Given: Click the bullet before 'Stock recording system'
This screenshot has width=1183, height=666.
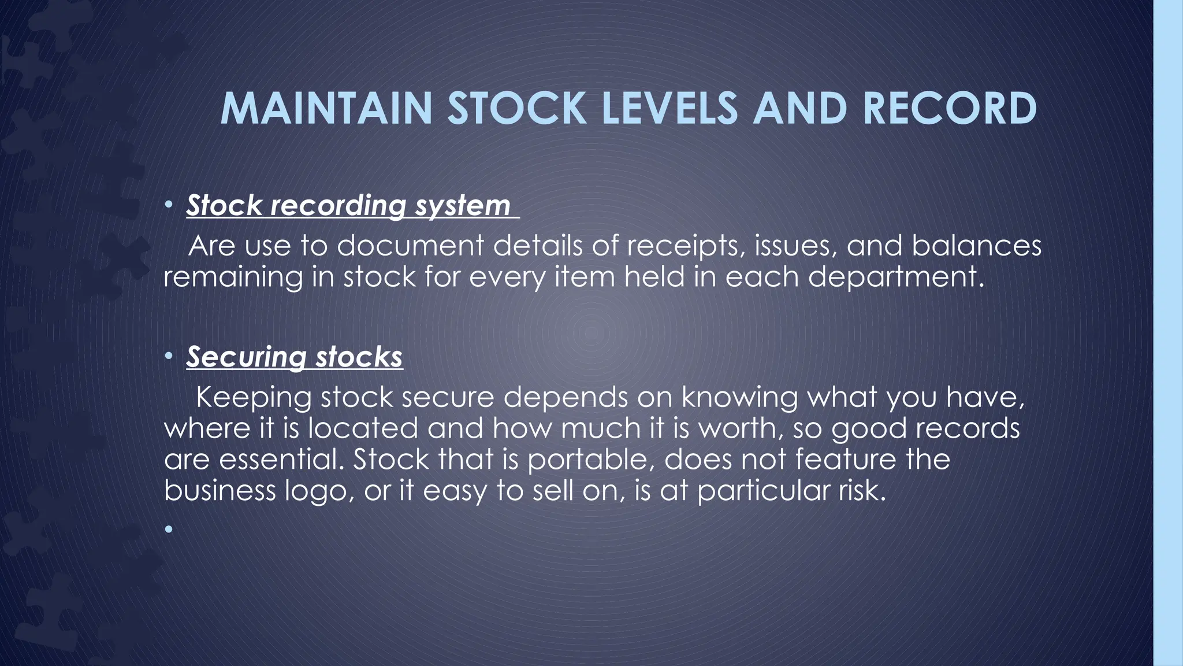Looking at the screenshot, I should pyautogui.click(x=168, y=205).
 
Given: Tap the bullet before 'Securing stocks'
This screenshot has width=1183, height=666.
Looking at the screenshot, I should pyautogui.click(x=168, y=356).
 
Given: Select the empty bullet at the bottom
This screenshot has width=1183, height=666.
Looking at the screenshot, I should pyautogui.click(x=168, y=528).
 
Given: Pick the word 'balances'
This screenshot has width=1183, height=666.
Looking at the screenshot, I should pyautogui.click(x=977, y=246).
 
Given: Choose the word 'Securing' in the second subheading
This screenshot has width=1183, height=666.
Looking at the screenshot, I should pyautogui.click(x=246, y=357).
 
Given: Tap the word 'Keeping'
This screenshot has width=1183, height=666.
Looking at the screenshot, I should pyautogui.click(x=254, y=398).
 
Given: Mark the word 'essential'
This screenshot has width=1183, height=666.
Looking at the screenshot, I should pyautogui.click(x=282, y=460).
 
